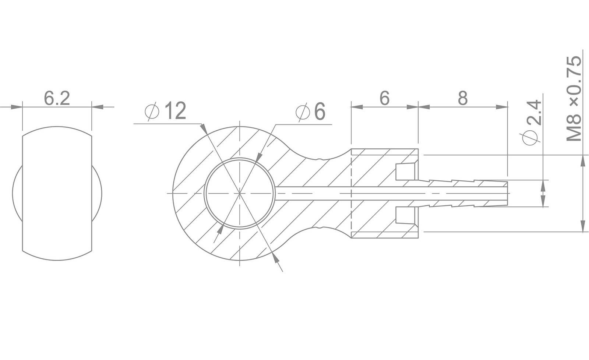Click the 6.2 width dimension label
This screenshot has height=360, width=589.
[x=57, y=98]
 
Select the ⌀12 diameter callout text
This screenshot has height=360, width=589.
[x=165, y=111]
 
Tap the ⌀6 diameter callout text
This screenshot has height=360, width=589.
[x=310, y=112]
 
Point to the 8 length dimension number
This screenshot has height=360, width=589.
[x=463, y=98]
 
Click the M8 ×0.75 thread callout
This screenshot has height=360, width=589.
[x=574, y=98]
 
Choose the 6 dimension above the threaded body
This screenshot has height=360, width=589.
[x=384, y=98]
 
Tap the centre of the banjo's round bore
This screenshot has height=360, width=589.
[x=240, y=194]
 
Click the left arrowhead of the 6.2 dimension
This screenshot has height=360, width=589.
[x=17, y=107]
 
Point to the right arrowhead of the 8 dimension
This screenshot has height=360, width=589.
[x=502, y=107]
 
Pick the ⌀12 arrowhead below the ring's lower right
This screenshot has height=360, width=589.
[x=275, y=258]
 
